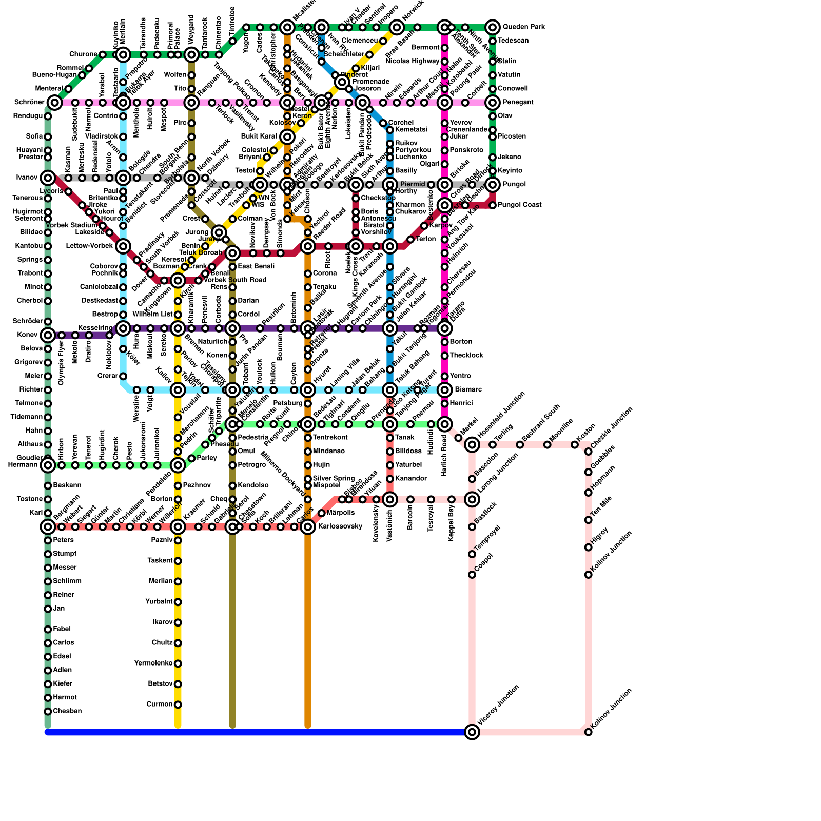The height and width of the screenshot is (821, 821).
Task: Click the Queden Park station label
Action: [523, 27]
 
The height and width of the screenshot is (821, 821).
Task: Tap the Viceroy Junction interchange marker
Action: [472, 732]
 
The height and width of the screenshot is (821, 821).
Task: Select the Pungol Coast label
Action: [519, 205]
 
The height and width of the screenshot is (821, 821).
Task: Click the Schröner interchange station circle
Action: [55, 103]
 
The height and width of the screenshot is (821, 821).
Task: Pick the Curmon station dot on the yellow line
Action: [178, 705]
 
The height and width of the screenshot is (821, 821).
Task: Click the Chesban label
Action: [67, 711]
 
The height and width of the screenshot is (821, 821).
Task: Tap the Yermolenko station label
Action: [153, 663]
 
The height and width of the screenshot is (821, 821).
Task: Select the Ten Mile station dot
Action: [589, 520]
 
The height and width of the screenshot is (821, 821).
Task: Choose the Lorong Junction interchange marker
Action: [472, 499]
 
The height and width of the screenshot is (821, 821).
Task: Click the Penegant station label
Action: [518, 103]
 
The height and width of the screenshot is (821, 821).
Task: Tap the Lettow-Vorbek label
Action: [89, 246]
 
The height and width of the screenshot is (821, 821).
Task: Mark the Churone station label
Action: [83, 54]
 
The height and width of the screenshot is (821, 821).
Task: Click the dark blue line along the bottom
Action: [257, 732]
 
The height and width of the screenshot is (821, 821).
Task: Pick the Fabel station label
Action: [62, 629]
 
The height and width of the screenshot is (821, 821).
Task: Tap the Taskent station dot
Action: [178, 561]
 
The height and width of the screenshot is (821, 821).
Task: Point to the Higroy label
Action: [600, 536]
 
